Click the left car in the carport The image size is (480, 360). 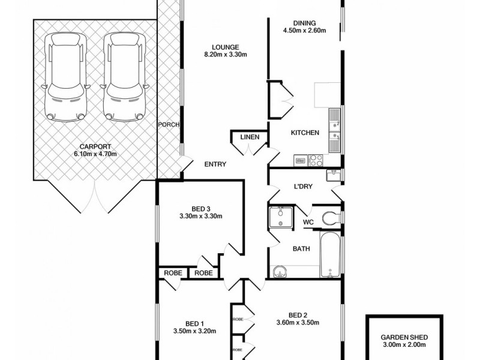(x=65, y=76)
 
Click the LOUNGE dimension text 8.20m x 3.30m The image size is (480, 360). (x=225, y=55)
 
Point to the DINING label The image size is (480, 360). (x=304, y=22)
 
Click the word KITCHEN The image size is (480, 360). (x=305, y=133)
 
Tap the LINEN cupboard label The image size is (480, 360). (x=250, y=137)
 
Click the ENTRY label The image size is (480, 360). (x=215, y=164)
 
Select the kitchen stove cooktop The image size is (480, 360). (x=316, y=160)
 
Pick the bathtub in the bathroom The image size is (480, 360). (x=330, y=256)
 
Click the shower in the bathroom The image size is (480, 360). (x=280, y=217)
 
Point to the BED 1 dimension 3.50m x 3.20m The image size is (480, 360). (x=194, y=330)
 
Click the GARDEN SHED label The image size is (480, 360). (x=403, y=337)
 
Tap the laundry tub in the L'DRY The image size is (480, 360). (x=334, y=175)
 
